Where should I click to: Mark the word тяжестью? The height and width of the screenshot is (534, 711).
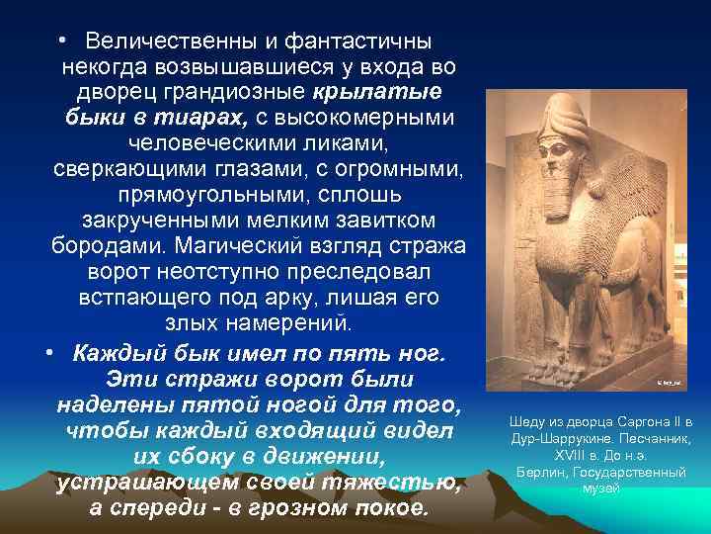tap(400, 483)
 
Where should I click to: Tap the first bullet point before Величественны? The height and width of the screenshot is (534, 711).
tap(62, 41)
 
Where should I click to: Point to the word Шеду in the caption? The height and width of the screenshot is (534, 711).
tap(523, 419)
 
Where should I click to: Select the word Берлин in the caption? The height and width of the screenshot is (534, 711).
tap(535, 473)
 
